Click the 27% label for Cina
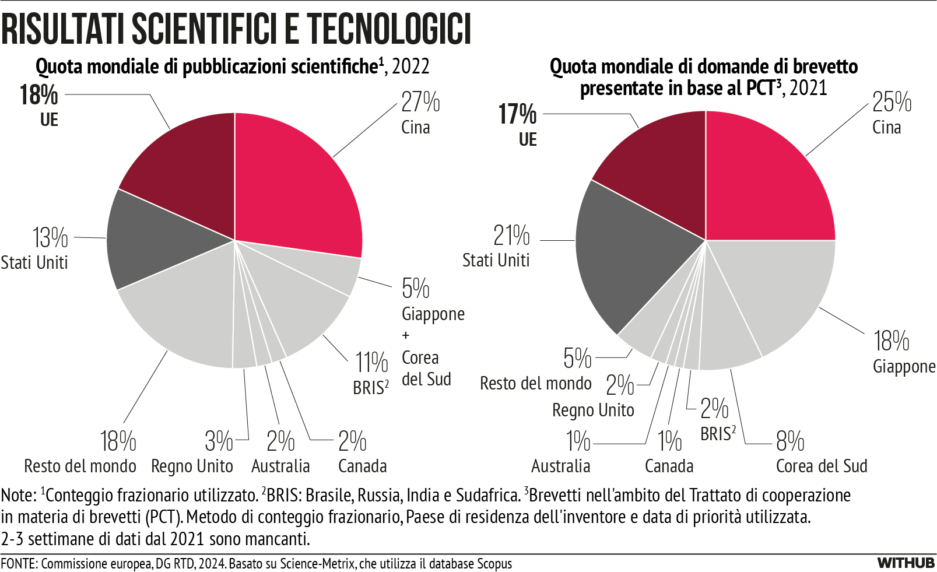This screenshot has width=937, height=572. pyautogui.click(x=420, y=102)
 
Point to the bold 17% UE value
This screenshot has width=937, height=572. pyautogui.click(x=517, y=114)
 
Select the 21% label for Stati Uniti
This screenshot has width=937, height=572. pyautogui.click(x=511, y=236)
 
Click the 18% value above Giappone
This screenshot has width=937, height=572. pyautogui.click(x=891, y=341)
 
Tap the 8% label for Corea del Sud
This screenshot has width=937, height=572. pyautogui.click(x=790, y=441)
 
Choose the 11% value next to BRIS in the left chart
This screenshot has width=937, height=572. pyautogui.click(x=371, y=362)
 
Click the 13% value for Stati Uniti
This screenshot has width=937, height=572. pyautogui.click(x=50, y=237)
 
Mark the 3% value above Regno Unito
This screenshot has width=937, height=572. pyautogui.click(x=219, y=441)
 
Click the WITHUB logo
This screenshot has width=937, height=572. pyautogui.click(x=906, y=563)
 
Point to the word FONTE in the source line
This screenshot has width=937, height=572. pyautogui.click(x=19, y=564)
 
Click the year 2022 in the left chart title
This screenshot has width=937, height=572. pyautogui.click(x=410, y=66)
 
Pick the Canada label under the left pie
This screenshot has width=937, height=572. pyautogui.click(x=362, y=466)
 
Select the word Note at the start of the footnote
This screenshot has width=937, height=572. pyautogui.click(x=17, y=496)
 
